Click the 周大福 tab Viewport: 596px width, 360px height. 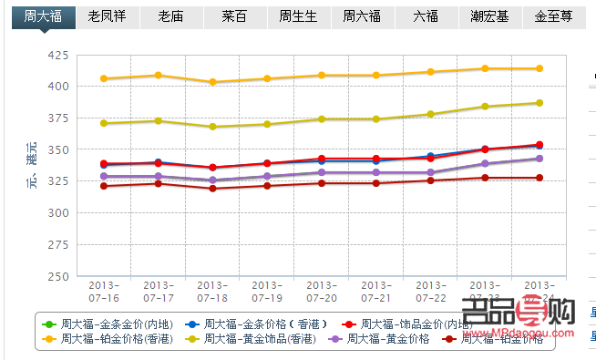click(x=43, y=16)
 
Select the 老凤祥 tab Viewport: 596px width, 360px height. click(x=107, y=16)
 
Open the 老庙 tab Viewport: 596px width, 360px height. click(x=170, y=16)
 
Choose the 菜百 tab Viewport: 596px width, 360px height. click(x=233, y=16)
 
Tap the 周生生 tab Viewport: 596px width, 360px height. click(x=297, y=16)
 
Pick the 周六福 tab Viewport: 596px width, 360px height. click(x=361, y=16)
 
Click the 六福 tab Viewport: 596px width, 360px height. click(x=425, y=16)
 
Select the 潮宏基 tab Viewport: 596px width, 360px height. click(x=489, y=16)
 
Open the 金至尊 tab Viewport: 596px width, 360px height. click(x=553, y=16)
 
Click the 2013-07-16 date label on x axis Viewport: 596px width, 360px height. click(x=104, y=292)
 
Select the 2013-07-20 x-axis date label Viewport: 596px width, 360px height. click(x=322, y=292)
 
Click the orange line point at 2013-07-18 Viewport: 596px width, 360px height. click(x=212, y=82)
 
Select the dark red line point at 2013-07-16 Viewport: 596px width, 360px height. click(x=104, y=186)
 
